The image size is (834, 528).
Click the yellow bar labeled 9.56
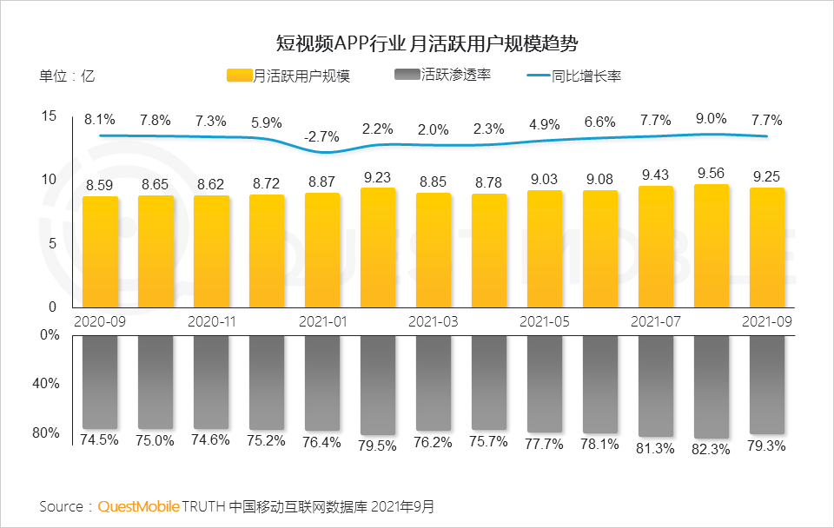(x=712, y=246)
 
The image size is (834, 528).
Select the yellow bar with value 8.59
(x=100, y=252)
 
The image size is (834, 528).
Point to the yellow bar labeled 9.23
(x=378, y=247)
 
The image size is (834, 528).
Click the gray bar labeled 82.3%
(x=712, y=386)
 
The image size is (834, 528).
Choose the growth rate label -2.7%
(x=321, y=135)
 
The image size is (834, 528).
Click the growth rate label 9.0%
(x=712, y=119)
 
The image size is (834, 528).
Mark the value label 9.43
(x=656, y=175)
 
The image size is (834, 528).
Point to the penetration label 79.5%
(x=378, y=445)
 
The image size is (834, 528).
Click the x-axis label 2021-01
(x=323, y=320)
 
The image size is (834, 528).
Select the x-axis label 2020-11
(x=212, y=320)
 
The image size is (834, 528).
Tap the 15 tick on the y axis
(x=49, y=115)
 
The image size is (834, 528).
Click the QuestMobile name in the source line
(x=139, y=505)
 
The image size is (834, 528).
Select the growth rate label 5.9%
(x=266, y=123)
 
